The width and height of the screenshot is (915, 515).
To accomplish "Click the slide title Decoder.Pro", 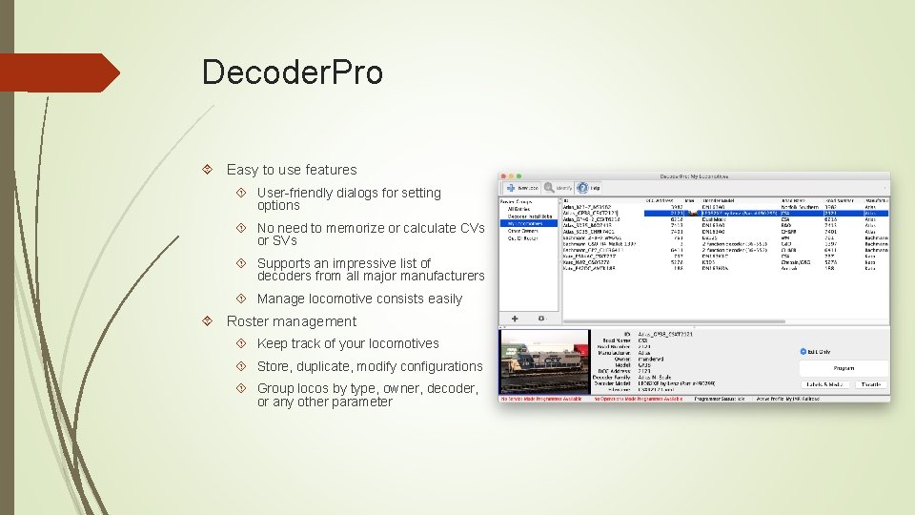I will point(292,72).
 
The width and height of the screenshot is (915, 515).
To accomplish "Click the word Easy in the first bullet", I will point(242,170).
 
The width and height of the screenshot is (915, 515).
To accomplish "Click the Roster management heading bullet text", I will point(291,321).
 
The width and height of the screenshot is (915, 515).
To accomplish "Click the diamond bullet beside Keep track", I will point(242,343).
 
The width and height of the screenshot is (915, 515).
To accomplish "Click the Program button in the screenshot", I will point(844,367).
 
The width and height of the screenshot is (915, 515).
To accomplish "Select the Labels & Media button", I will point(825,384).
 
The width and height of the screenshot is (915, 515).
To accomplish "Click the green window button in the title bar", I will point(522,175).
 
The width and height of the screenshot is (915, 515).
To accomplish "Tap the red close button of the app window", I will point(505,175).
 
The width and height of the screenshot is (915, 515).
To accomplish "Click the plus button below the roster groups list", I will point(515,318).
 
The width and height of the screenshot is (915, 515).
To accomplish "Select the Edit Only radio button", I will point(803,351).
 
